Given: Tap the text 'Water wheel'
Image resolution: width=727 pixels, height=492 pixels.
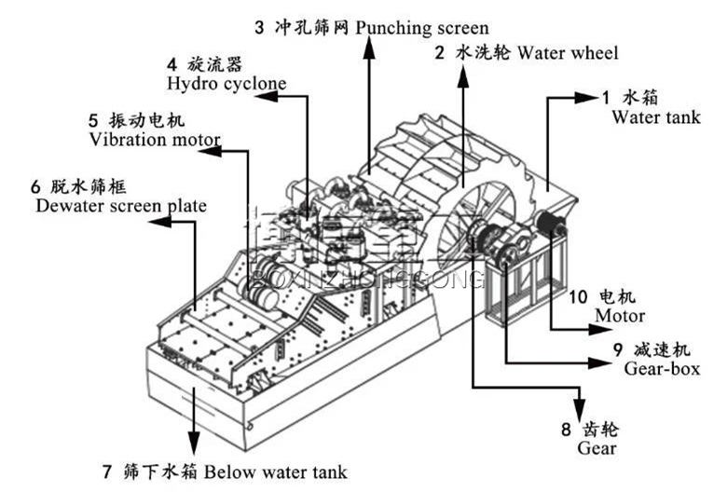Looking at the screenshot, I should pyautogui.click(x=568, y=53).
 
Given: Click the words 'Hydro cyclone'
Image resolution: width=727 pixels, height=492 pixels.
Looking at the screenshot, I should pyautogui.click(x=226, y=84).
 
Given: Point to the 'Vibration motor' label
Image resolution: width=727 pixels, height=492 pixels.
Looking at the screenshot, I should pyautogui.click(x=155, y=140).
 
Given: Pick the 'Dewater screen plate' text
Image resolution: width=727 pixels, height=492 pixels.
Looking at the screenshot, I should pyautogui.click(x=120, y=205).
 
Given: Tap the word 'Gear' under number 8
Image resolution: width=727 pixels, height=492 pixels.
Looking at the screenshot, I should pyautogui.click(x=597, y=449).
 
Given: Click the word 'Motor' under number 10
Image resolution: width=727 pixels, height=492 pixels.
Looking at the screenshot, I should pyautogui.click(x=620, y=317).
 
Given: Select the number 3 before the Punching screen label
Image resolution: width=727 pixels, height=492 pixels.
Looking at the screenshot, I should pyautogui.click(x=360, y=29).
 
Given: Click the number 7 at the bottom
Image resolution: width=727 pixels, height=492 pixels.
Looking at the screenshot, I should pyautogui.click(x=106, y=471).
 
